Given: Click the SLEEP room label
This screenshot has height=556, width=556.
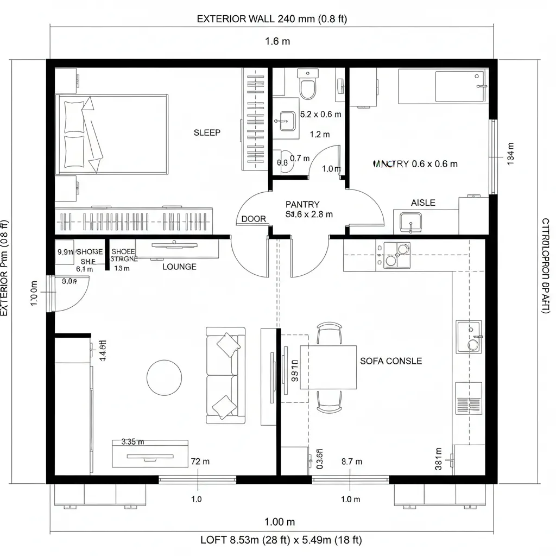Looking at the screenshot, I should coord(207,132).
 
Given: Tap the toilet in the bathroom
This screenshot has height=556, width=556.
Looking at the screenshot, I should coord(308,87).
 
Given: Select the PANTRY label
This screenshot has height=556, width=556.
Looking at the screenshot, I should coord(302,204).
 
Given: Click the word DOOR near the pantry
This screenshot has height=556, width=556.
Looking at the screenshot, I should coord(254,219).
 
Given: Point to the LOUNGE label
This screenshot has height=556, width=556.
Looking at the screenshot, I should coord(179,267).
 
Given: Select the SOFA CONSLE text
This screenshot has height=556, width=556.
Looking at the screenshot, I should coord(391,361).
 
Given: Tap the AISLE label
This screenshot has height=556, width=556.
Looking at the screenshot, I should coord(423,203).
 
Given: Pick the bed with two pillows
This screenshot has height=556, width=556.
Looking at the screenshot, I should coord(111,135).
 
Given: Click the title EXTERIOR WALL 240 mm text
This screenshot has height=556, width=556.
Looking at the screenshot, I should coord(271,19).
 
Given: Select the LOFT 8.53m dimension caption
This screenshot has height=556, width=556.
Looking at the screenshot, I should coord(281,540).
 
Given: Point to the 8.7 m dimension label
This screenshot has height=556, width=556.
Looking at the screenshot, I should coord(351,462).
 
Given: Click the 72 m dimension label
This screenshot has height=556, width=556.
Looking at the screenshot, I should coord(200,462).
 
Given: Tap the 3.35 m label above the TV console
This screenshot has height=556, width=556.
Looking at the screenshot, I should coord(132,441).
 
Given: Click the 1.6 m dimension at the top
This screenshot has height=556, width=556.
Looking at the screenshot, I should coord(278,41).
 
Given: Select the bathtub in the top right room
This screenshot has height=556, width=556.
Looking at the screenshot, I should coord(443,86).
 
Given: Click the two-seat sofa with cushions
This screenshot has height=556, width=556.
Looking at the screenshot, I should coord(225,375).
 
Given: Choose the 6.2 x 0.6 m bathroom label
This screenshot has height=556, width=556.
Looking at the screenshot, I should coord(320,115).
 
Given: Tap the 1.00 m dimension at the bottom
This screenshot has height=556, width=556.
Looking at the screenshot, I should coord(280,522).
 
